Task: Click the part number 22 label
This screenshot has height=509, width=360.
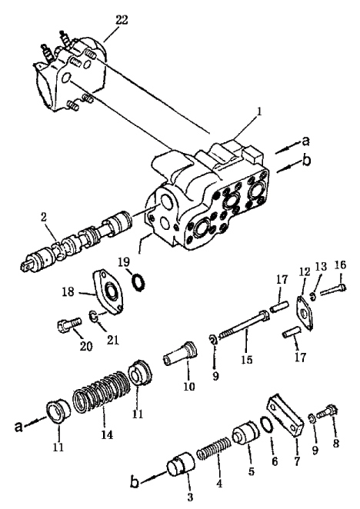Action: click(122, 20)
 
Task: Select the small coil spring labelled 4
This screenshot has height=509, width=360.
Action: click(214, 447)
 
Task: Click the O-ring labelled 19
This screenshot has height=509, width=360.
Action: click(138, 281)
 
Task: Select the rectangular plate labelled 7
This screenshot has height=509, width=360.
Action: click(285, 414)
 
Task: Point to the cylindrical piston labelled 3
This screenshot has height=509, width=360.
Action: click(181, 467)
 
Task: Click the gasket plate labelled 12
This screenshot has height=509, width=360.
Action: click(305, 313)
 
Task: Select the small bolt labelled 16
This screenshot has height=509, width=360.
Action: click(333, 290)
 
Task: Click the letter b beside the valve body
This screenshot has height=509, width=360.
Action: click(305, 161)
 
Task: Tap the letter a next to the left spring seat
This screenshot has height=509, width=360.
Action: click(19, 426)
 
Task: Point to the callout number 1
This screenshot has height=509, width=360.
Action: click(259, 112)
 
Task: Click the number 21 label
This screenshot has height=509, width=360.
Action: click(112, 340)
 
